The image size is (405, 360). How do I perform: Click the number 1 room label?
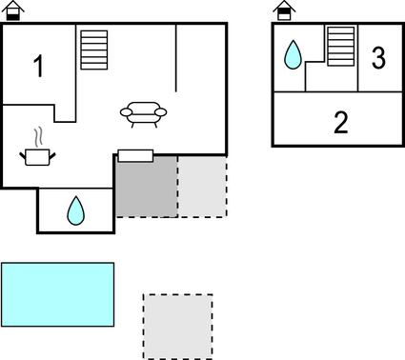(x=39, y=67)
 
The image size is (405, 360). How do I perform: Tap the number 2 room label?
(x=341, y=121)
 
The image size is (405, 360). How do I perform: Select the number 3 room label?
(x=378, y=58)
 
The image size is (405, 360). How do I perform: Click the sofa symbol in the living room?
(x=143, y=113)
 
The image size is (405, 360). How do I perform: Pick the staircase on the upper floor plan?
(x=340, y=46)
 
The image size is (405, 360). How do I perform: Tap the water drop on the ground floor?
(x=75, y=210)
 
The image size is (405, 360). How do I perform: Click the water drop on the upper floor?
(x=294, y=54)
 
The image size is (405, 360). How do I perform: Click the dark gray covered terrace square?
(x=146, y=185)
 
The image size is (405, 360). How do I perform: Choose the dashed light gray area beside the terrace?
(x=202, y=185)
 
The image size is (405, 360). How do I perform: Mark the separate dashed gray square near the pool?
(x=177, y=326)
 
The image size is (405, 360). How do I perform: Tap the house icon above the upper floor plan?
(x=283, y=10)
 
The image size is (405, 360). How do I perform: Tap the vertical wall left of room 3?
(x=358, y=57)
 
